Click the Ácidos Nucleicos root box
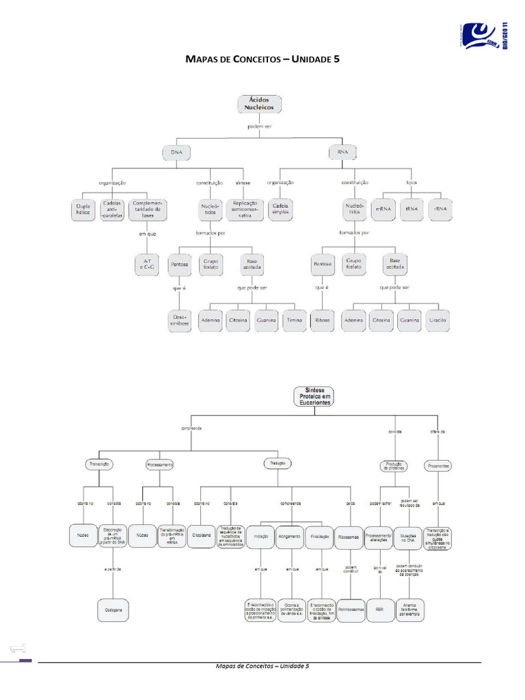pos(258,103)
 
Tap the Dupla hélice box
pos(83,208)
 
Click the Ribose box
pos(321,320)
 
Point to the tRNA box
pos(412,208)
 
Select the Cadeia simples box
pos(281,208)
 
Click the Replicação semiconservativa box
pos(245,208)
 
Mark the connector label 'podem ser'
pos(259,126)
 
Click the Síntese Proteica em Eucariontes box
pos(313,397)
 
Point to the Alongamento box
pos(289,537)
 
